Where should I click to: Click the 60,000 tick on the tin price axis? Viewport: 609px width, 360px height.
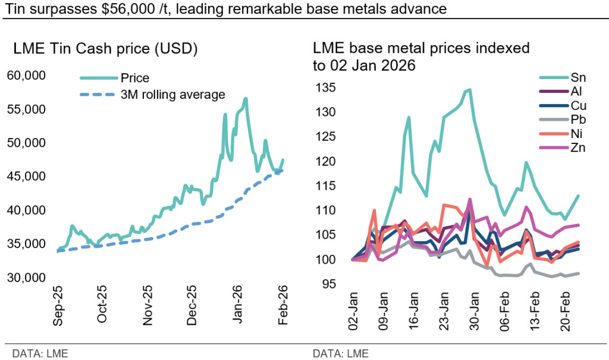coord(27,76)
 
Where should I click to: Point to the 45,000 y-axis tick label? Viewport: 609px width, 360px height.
coord(27,176)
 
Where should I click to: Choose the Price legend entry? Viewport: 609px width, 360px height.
coord(134,78)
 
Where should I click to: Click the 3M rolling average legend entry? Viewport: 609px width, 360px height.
coord(172,94)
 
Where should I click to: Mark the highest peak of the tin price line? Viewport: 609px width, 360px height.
coord(246,98)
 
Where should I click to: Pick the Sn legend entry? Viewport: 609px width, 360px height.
coord(577,77)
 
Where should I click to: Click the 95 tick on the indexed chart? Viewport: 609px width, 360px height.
coord(329,284)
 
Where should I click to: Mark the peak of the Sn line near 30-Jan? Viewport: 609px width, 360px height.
coord(470,90)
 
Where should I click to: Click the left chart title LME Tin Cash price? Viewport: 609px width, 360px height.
coord(105,49)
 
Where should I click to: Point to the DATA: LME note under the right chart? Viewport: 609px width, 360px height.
coord(341,354)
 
